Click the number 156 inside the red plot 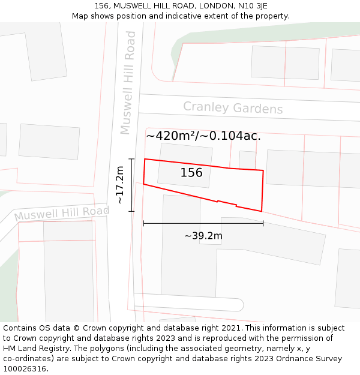tap(191, 173)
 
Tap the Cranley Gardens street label tap(233, 108)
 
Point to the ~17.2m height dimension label tap(121, 185)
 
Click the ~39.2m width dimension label tap(203, 236)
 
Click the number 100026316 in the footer tap(25, 369)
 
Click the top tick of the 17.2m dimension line tap(132, 159)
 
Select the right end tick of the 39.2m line tap(263, 223)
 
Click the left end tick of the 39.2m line tap(143, 223)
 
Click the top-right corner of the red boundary tap(263, 170)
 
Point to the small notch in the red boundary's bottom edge tap(227, 203)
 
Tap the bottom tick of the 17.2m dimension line tap(132, 211)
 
